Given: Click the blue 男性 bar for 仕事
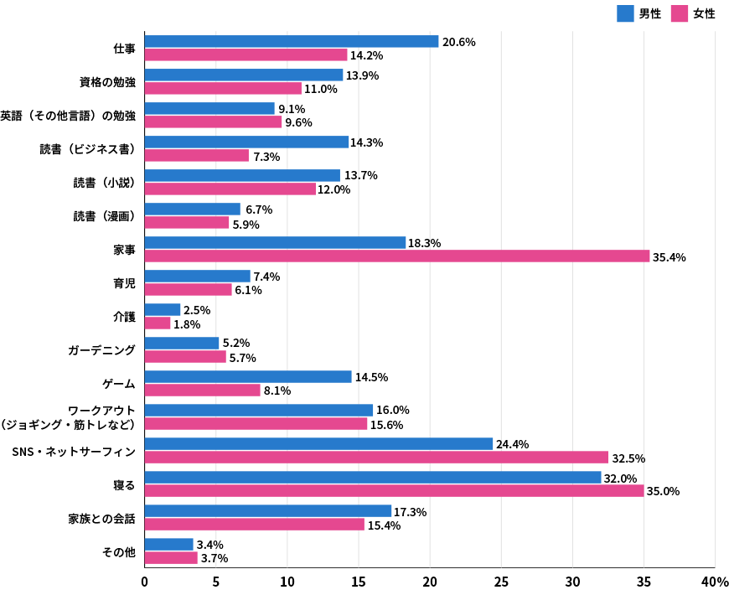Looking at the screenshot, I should [x=292, y=42].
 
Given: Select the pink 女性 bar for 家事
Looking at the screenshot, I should [x=397, y=256].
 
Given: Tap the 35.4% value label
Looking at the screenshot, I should [x=669, y=257].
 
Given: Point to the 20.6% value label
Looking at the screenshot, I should [x=458, y=42].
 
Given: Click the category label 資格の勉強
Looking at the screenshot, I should [x=107, y=82].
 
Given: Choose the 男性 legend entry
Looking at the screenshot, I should [x=639, y=13].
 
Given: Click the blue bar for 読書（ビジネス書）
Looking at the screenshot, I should [x=246, y=142].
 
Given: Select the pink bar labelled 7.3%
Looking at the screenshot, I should [x=197, y=156].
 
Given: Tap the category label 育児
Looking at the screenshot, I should [x=124, y=283].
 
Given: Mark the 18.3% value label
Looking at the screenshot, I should [x=424, y=243].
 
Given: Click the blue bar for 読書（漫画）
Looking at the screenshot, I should [x=193, y=210].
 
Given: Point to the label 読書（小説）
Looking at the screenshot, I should [x=104, y=183].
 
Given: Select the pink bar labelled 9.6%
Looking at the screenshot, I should [x=214, y=122].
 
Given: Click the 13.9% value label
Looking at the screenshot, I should [x=362, y=75].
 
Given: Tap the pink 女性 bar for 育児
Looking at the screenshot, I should [x=189, y=290].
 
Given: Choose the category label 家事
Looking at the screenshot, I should [x=124, y=250].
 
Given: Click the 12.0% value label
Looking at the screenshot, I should [x=333, y=189].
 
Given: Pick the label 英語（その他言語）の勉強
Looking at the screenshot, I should [x=68, y=116].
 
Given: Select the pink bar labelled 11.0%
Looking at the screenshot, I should [x=223, y=89].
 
